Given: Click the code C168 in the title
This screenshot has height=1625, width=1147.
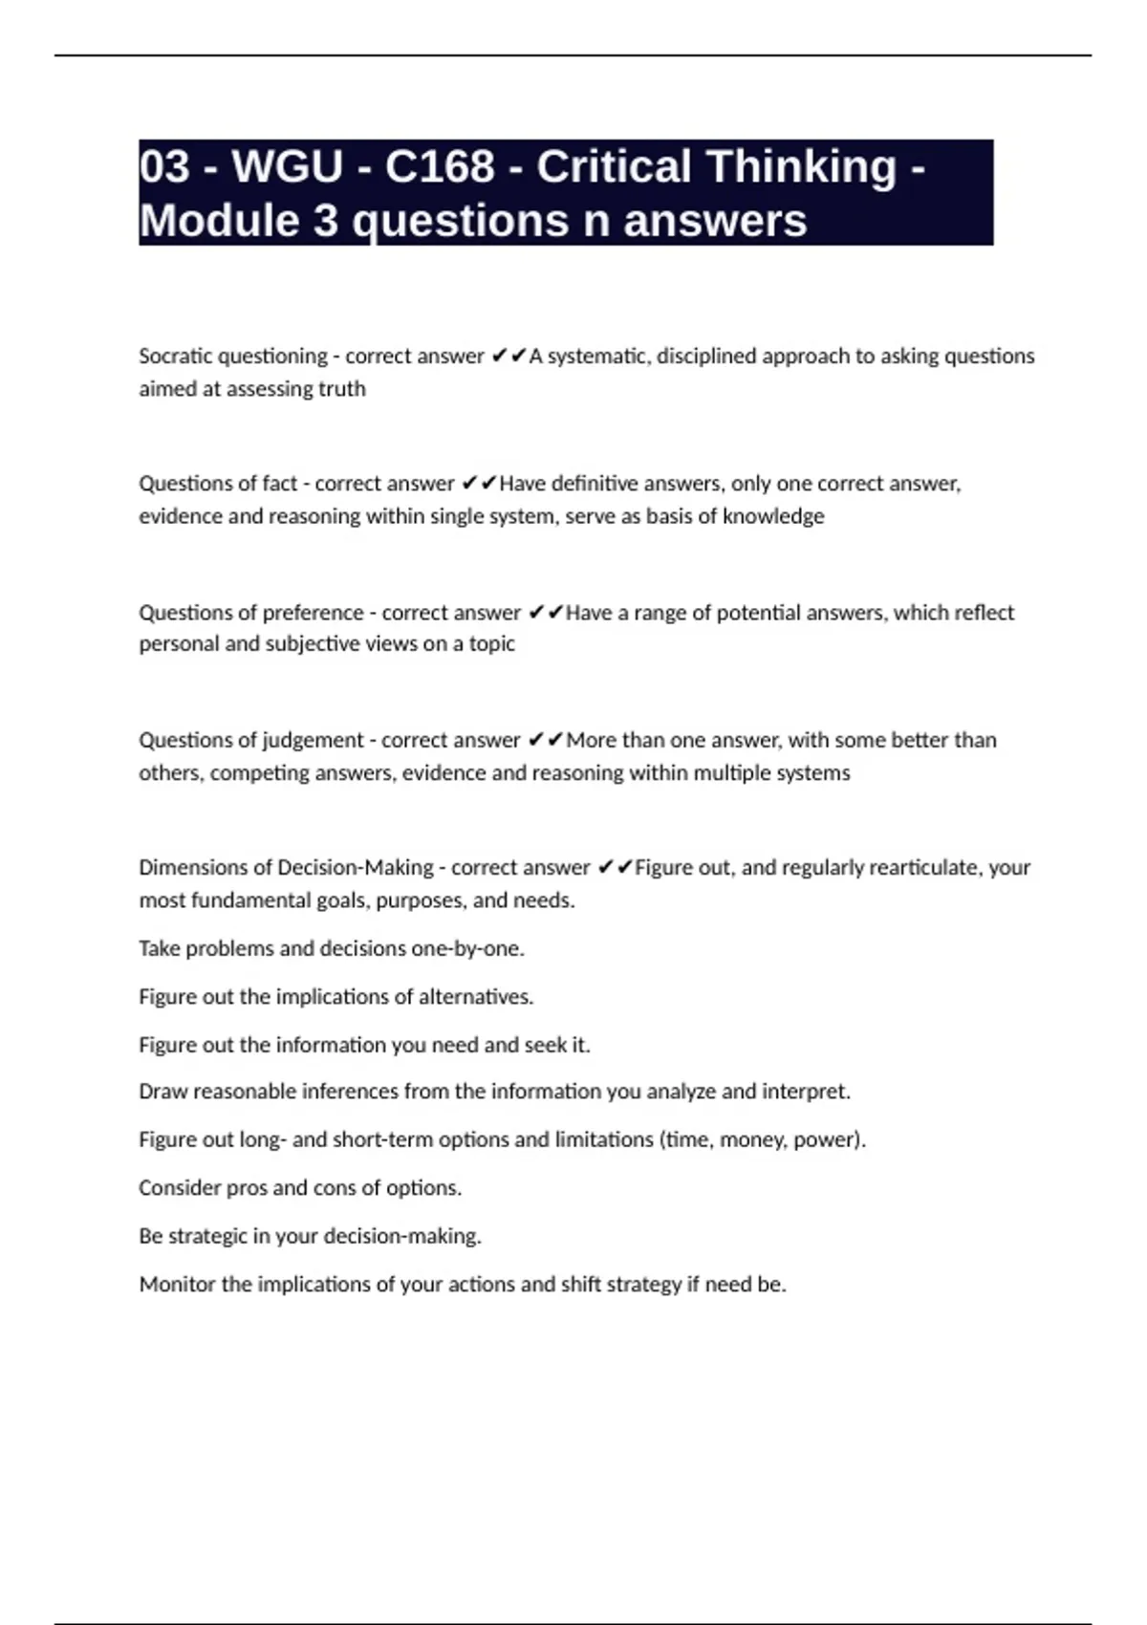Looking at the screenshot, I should pos(440,166).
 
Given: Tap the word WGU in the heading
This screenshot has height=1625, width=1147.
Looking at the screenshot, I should pos(287,166).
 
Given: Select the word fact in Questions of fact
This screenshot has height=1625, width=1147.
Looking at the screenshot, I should pos(280,484).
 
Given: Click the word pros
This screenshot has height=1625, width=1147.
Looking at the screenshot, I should pos(247,1188).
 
